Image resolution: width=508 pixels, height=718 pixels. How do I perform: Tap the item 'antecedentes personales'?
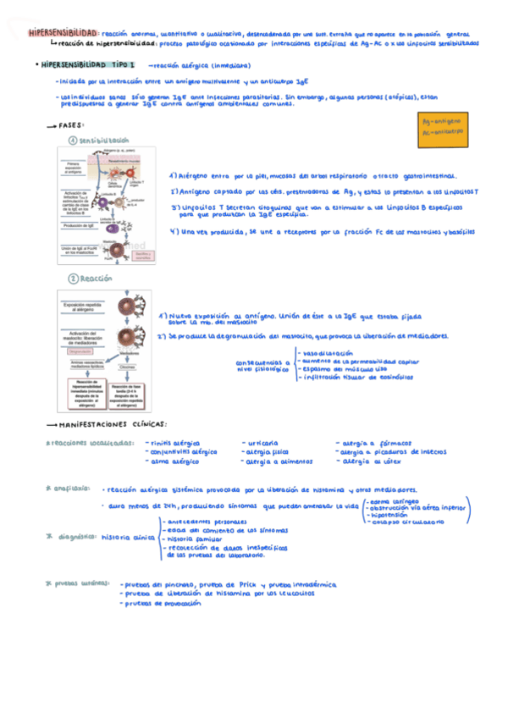202,522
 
